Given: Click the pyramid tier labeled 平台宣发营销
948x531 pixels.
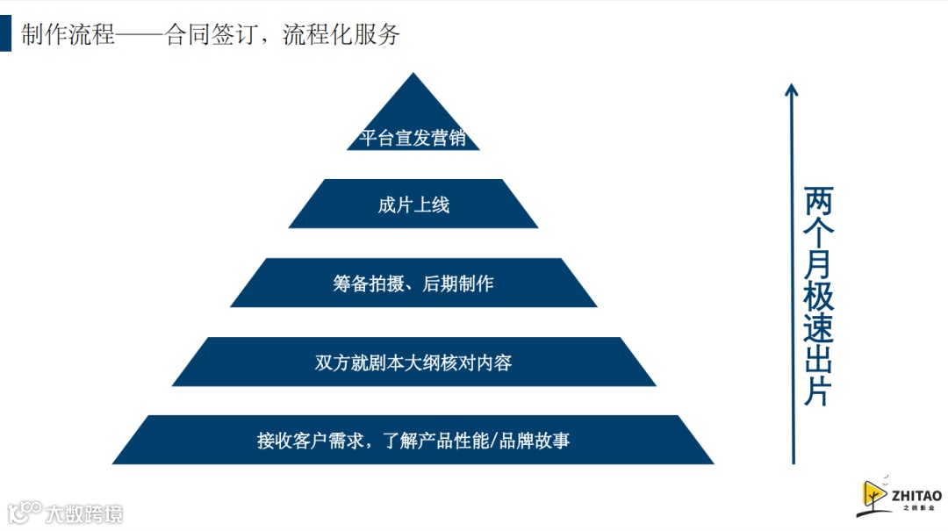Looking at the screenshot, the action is pyautogui.click(x=413, y=137).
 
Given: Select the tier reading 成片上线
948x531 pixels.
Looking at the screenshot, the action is pyautogui.click(x=413, y=205).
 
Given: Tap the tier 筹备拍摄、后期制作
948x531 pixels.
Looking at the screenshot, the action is pyautogui.click(x=413, y=283).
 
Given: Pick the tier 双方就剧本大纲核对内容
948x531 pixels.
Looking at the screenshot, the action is pyautogui.click(x=413, y=362).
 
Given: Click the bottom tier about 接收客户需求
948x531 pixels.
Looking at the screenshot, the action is pyautogui.click(x=413, y=440).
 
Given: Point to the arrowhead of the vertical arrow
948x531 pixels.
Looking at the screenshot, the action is pyautogui.click(x=792, y=89).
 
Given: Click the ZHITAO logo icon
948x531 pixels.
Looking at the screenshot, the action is pyautogui.click(x=873, y=499).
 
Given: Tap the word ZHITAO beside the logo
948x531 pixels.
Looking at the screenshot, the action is pyautogui.click(x=916, y=494).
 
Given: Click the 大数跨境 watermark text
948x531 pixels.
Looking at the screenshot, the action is pyautogui.click(x=84, y=513).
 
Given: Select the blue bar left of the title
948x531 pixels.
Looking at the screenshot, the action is pyautogui.click(x=5, y=32).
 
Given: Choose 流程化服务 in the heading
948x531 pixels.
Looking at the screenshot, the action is pyautogui.click(x=341, y=34).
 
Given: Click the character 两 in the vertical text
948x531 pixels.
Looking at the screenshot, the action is pyautogui.click(x=818, y=201).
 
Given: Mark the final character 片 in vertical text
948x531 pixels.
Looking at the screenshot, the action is pyautogui.click(x=818, y=391).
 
